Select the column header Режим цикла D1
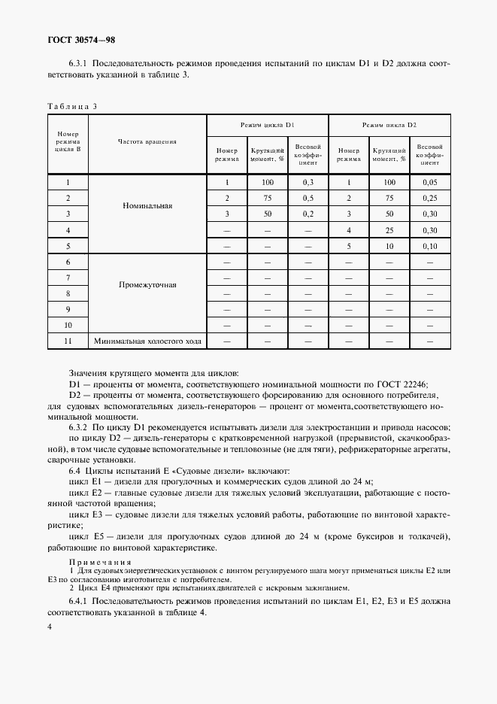click(267, 123)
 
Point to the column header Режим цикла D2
click(389, 123)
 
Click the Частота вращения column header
click(147, 141)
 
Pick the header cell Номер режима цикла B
click(68, 141)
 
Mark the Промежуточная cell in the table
click(147, 285)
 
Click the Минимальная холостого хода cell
click(147, 341)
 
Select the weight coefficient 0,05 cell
click(429, 182)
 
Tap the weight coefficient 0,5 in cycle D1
click(308, 198)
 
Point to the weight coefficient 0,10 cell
click(429, 246)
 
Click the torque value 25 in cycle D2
click(389, 229)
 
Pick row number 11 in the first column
click(68, 341)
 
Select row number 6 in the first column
click(68, 262)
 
